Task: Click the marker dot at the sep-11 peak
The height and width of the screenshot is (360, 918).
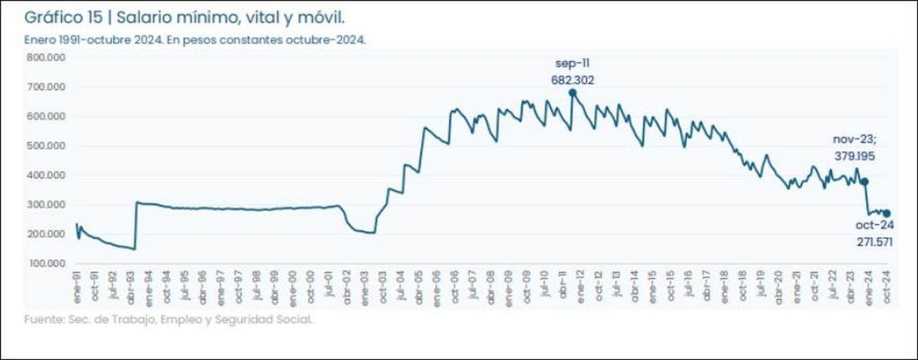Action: (573, 92)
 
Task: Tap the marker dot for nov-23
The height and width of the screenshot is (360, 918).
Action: (864, 181)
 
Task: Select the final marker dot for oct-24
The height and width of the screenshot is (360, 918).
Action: (887, 213)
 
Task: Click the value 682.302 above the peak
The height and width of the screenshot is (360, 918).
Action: (573, 80)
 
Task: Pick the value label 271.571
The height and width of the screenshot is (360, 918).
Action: (874, 241)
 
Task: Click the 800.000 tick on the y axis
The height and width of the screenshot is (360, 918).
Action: (46, 57)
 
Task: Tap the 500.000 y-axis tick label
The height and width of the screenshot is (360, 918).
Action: (46, 145)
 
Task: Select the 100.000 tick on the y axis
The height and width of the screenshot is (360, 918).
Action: (46, 263)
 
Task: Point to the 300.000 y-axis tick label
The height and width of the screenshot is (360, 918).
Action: (46, 205)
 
